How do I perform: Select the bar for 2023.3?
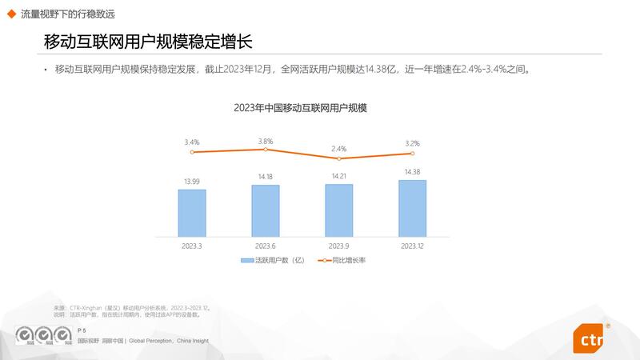coord(192,213)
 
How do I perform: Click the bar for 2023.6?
coord(266,210)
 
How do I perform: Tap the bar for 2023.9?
coord(338,210)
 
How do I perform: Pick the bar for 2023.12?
coord(412,208)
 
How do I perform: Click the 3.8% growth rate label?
coord(266,141)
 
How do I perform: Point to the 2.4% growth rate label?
coord(338,149)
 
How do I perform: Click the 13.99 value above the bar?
coord(192,182)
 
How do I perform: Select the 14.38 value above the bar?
coord(412,172)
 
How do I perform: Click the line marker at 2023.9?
coord(339,158)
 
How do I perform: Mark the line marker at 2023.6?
coord(266,150)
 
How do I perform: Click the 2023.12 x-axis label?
coord(412,246)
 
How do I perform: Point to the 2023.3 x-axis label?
coord(192,246)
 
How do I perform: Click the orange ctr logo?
coord(590,338)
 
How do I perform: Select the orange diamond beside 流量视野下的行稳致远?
coord(11,12)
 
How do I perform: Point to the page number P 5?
coord(82,330)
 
